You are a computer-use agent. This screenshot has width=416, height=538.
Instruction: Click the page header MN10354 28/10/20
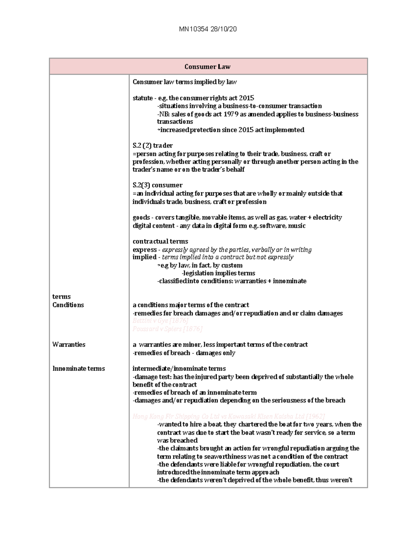point(208,29)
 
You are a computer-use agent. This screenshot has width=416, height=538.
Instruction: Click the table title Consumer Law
point(207,67)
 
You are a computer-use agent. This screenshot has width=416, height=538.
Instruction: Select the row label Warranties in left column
point(69,344)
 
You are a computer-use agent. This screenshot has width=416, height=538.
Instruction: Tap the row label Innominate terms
point(78,368)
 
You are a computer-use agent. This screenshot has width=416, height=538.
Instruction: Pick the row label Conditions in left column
point(68,305)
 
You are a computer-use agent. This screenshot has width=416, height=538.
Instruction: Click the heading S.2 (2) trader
point(153,145)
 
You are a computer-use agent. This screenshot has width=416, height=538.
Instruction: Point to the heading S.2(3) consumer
point(157,185)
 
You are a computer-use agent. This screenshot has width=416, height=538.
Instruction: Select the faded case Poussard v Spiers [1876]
point(167,329)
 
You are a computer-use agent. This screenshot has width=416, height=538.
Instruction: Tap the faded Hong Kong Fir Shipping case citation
point(228,416)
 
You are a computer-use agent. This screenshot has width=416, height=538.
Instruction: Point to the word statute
point(142,98)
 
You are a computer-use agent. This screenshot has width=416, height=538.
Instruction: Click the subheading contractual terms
point(160,241)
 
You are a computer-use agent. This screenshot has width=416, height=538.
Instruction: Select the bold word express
point(145,249)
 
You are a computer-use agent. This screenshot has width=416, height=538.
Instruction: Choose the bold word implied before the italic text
point(145,257)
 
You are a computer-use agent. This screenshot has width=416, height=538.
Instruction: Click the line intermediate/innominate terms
point(179,368)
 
